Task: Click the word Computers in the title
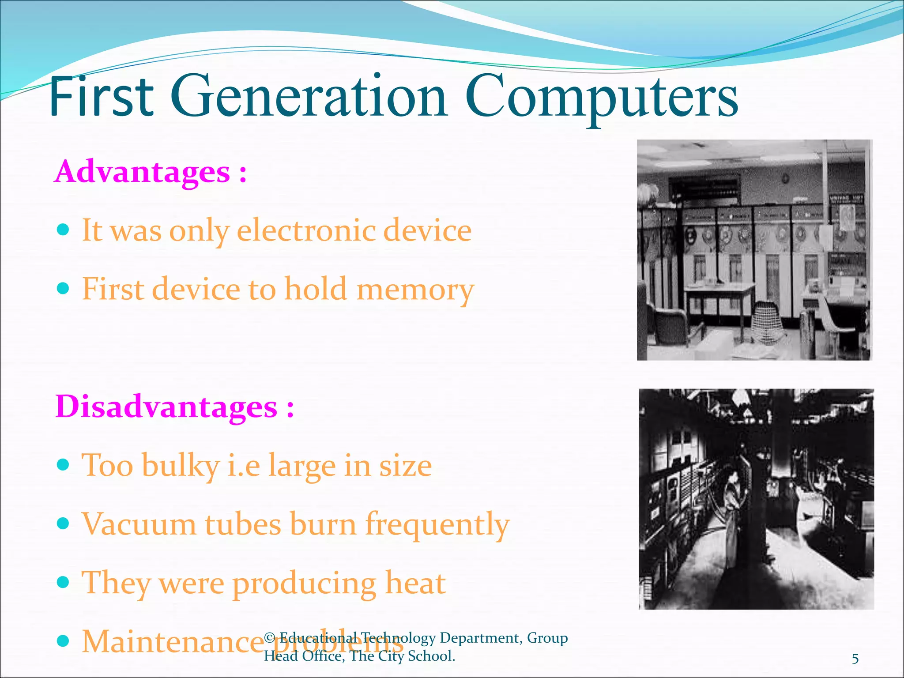601,98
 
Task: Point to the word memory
415,290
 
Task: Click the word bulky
181,466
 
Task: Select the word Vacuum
139,524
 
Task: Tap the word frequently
437,525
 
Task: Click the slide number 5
855,659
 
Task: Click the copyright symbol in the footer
270,638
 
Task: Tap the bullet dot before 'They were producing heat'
64,582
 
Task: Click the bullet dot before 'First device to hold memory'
64,289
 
